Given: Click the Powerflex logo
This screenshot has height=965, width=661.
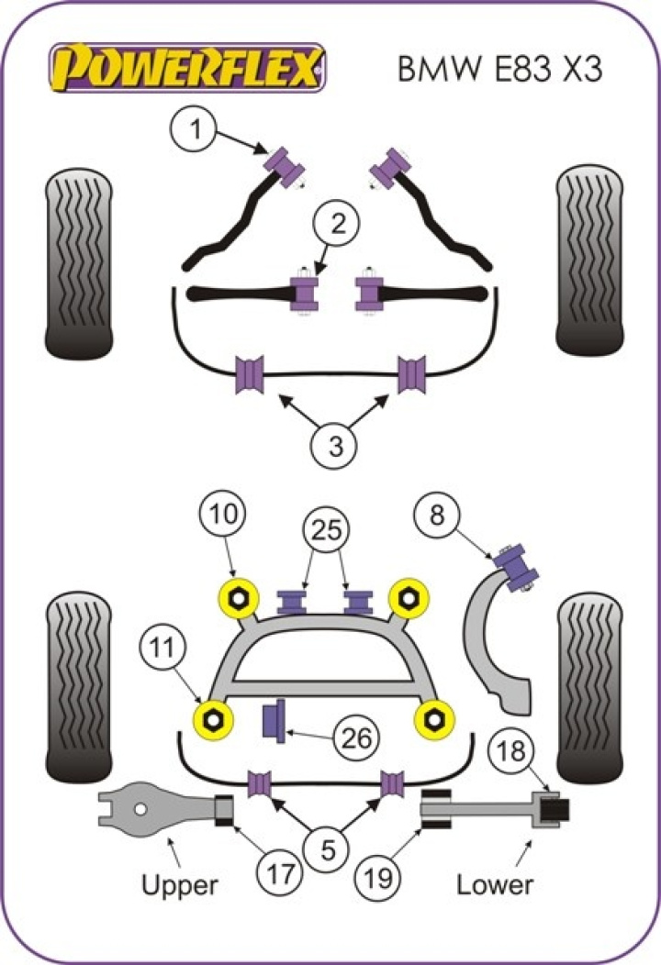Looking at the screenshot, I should click(189, 67).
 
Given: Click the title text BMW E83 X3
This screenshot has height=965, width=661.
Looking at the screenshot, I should click(499, 69).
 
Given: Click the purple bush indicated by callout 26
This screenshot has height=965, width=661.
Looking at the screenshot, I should click(273, 720).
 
